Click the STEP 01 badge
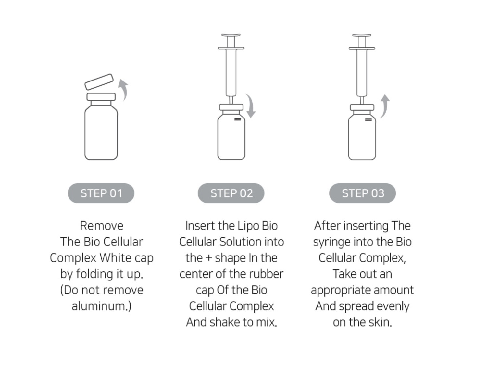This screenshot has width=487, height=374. point(101,193)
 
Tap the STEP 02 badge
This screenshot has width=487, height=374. point(231,193)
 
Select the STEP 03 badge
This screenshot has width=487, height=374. point(362,193)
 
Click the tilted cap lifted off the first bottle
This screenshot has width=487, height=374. point(99,82)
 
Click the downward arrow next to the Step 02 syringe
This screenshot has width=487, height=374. point(252,105)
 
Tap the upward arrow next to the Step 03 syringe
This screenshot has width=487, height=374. point(385,105)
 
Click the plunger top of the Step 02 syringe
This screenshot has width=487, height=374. point(231,35)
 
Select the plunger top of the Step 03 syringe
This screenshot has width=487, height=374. point(361,35)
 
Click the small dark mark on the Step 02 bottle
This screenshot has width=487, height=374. point(238,119)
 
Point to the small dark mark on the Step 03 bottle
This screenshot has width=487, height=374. point(368,120)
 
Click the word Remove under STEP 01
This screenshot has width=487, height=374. point(102,226)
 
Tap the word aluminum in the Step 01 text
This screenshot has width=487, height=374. point(98,306)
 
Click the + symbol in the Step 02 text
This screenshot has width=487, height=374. point(209,258)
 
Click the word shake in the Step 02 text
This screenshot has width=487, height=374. point(225,322)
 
